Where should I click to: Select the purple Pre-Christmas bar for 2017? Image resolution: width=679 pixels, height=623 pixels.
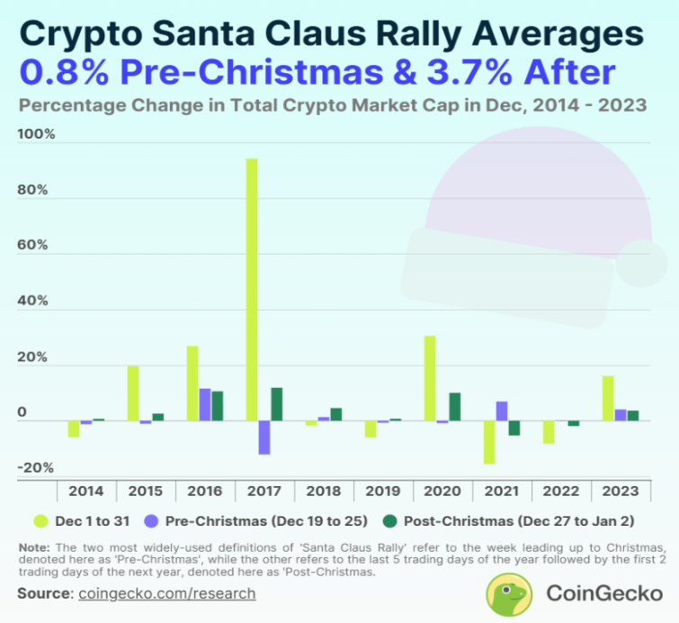coord(264,438)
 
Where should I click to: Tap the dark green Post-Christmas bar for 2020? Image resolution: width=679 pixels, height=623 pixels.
coord(455,407)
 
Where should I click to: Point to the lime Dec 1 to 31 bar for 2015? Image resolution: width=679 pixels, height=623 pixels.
coord(133,393)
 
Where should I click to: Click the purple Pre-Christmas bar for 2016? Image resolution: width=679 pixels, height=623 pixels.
coord(205,405)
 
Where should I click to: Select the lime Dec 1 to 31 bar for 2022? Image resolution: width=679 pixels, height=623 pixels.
coord(549,432)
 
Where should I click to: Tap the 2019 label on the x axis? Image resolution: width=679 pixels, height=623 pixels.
coord(382,492)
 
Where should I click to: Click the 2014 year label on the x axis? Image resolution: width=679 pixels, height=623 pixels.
coord(86,492)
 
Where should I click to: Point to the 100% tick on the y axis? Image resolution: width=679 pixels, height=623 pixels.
coord(37,135)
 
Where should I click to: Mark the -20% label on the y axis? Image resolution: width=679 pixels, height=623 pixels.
coord(37,468)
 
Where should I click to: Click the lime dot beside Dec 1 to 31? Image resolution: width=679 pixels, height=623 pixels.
coord(40,520)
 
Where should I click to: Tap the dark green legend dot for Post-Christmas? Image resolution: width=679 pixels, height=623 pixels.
coord(389,520)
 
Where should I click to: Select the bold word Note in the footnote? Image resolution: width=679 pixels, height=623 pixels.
coord(34,547)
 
